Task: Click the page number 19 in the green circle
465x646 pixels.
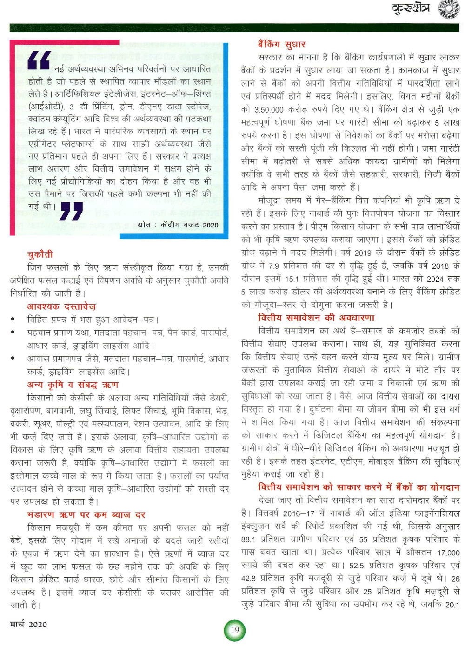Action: pyautogui.click(x=235, y=630)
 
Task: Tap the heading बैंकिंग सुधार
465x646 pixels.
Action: pyautogui.click(x=281, y=45)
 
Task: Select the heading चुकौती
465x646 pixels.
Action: pyautogui.click(x=40, y=254)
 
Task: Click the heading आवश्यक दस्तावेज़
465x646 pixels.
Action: pyautogui.click(x=61, y=307)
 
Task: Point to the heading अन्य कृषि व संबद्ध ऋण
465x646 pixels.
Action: pyautogui.click(x=73, y=385)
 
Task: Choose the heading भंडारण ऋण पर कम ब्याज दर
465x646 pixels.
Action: pyautogui.click(x=86, y=515)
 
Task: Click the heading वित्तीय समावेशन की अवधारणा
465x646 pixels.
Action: pyautogui.click(x=316, y=318)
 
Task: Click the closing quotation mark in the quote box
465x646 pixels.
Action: pyautogui.click(x=72, y=211)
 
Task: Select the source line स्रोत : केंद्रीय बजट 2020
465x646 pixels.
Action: pyautogui.click(x=178, y=225)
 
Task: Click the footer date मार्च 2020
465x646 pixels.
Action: pyautogui.click(x=28, y=624)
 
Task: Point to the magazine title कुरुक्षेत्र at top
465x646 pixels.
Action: pyautogui.click(x=411, y=8)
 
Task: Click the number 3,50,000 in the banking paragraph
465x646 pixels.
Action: pyautogui.click(x=269, y=110)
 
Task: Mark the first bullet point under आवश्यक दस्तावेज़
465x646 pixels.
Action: pyautogui.click(x=14, y=320)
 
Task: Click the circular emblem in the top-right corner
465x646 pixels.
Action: pyautogui.click(x=449, y=9)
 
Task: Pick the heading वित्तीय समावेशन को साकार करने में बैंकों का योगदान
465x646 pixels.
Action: pyautogui.click(x=359, y=487)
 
